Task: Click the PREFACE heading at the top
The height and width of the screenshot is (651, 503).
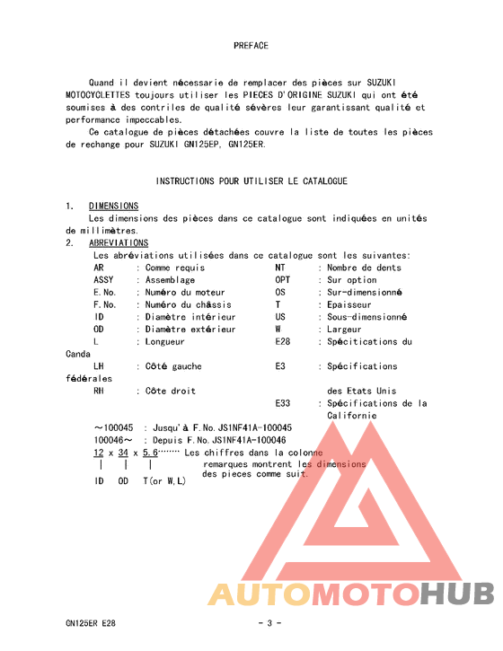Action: pos(251,45)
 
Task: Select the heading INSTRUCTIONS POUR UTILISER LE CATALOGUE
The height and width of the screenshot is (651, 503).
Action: pos(251,181)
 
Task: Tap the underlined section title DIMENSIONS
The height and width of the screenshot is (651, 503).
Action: pos(113,207)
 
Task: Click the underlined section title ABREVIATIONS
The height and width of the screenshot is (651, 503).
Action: pos(119,243)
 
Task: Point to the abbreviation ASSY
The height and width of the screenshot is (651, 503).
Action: pos(103,280)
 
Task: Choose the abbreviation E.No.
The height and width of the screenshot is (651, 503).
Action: pos(104,293)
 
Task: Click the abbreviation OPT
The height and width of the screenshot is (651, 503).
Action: pos(282,280)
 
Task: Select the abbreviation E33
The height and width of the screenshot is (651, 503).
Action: pos(282,403)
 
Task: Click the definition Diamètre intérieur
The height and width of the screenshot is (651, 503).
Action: pos(190,317)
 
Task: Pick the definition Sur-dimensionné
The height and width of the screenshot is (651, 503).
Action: pos(364,293)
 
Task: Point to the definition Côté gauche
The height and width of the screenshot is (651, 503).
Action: pos(173,366)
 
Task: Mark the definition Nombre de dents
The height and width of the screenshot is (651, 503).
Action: pos(364,268)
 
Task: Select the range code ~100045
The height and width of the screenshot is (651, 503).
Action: pos(113,428)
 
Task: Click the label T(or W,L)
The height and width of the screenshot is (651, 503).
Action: pos(164,481)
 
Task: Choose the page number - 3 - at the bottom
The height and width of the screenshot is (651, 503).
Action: pos(269,622)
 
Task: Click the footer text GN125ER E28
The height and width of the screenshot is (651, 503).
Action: pos(90,622)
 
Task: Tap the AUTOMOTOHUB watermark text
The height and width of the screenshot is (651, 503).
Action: pos(351,594)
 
